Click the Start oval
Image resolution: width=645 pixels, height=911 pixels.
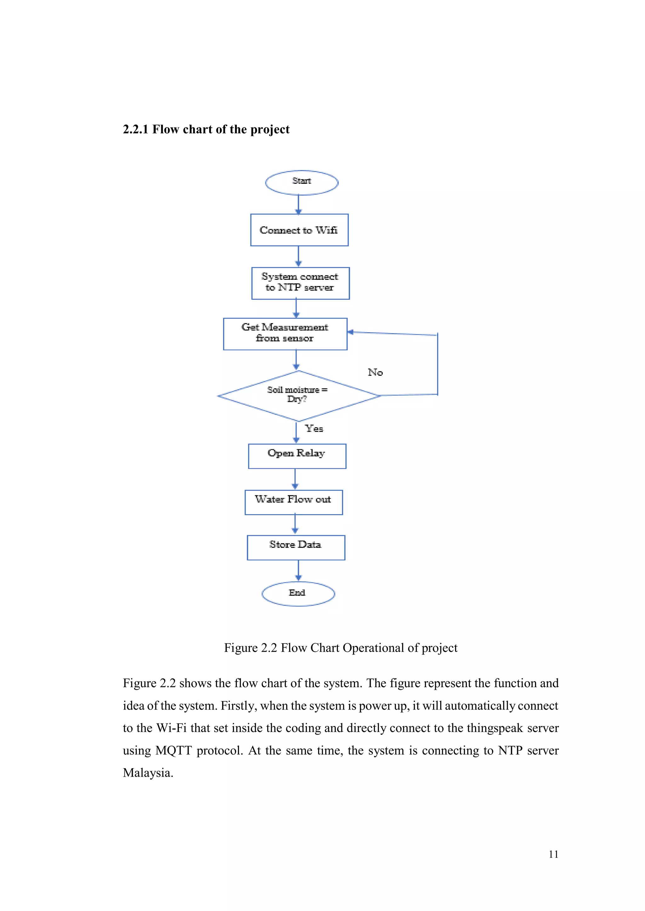(301, 183)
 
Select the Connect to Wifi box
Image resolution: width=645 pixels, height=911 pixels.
(299, 230)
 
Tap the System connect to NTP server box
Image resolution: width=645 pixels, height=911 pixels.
(300, 283)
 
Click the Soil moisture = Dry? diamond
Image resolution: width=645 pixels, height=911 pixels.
(298, 396)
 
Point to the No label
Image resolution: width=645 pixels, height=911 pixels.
(375, 372)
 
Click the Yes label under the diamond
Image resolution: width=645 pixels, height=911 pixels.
(314, 429)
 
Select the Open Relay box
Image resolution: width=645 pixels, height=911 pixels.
(297, 456)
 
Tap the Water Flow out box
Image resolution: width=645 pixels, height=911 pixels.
(293, 502)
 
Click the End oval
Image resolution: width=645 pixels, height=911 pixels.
(298, 593)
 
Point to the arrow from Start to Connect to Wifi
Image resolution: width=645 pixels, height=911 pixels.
(299, 204)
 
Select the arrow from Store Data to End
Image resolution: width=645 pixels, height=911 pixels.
(298, 571)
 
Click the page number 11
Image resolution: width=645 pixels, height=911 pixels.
(553, 854)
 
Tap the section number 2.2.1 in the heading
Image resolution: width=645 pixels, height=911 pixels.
(135, 129)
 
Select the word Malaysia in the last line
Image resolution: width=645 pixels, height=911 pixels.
(148, 773)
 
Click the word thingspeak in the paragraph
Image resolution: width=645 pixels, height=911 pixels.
(494, 728)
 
